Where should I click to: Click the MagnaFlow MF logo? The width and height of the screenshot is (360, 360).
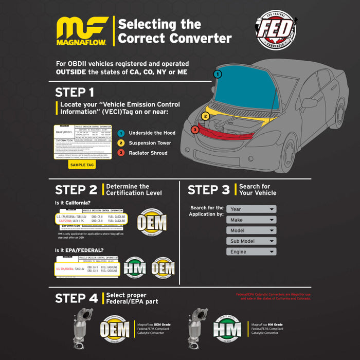[x=82, y=31]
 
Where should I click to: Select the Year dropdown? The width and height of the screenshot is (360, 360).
[x=251, y=209]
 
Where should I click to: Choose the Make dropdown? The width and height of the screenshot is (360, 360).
[x=251, y=220]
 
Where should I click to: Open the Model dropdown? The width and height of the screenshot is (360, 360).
[x=251, y=231]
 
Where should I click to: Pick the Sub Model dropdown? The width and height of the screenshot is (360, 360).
[x=251, y=241]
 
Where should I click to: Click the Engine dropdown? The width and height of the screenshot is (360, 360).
[x=251, y=252]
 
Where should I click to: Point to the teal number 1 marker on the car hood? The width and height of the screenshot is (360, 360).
[x=218, y=74]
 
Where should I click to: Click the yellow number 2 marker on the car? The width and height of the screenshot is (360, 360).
[x=205, y=116]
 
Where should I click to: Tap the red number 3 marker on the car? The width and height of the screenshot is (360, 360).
[x=195, y=130]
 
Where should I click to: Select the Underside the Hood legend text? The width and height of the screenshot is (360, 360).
[x=152, y=133]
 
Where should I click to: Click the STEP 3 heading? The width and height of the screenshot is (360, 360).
[x=208, y=190]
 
